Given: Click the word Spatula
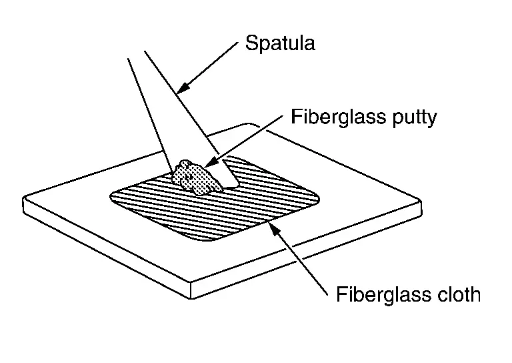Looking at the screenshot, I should click(x=280, y=45).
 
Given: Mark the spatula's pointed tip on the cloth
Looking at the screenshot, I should click(x=233, y=185).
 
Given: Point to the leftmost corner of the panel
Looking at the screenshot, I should click(x=24, y=200).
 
